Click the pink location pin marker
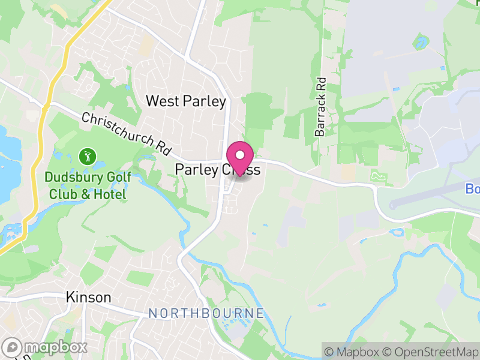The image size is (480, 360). (240, 158)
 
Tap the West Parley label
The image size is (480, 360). (186, 101)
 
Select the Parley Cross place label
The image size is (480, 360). (217, 170)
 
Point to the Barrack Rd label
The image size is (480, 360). (320, 106)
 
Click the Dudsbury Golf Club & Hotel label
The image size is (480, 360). (88, 186)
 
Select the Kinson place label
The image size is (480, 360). (88, 298)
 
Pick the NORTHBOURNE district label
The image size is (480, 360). (206, 313)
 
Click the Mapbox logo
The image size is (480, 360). (45, 347)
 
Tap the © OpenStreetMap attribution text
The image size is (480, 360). (431, 351)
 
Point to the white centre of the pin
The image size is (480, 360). (240, 154)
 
